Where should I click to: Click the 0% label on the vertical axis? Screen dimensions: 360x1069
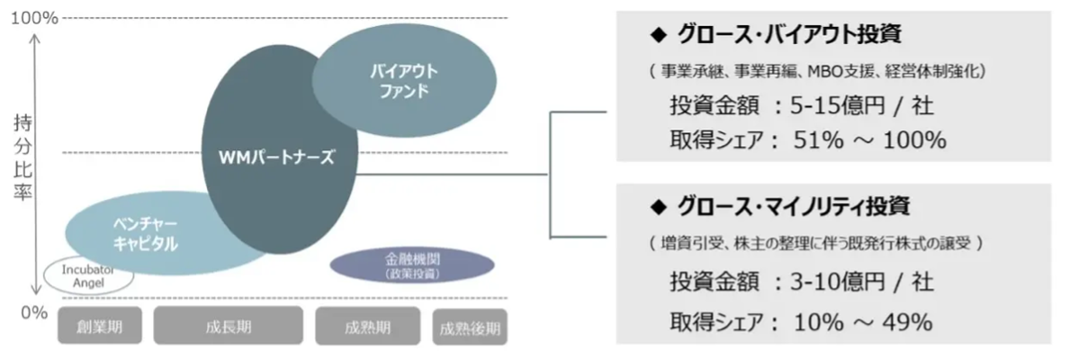pyautogui.click(x=33, y=312)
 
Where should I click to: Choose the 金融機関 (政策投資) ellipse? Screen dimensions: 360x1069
pyautogui.click(x=412, y=265)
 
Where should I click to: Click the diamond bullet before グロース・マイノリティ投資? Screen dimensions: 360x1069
pyautogui.click(x=655, y=208)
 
